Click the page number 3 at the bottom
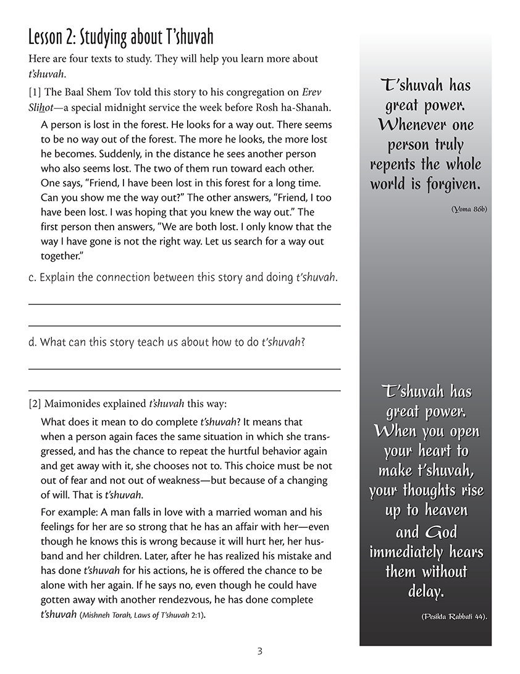coord(260,651)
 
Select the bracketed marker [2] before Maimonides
coord(35,404)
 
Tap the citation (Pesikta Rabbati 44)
coord(453,617)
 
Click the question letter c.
coord(31,278)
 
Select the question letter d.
coord(32,343)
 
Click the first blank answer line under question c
coord(184,304)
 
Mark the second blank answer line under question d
coord(184,390)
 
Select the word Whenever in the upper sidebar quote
coord(409,125)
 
